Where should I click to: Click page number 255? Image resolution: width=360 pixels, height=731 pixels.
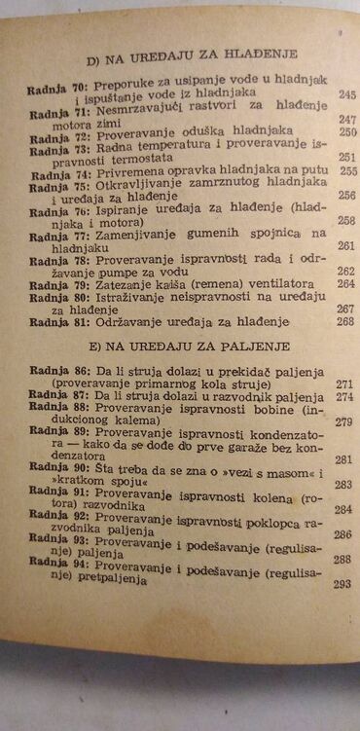tap(347, 171)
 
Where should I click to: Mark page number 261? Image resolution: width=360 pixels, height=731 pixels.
tap(346, 247)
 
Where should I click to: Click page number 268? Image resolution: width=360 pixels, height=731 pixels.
tap(345, 322)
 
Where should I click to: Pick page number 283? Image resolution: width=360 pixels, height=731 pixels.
tap(342, 484)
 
